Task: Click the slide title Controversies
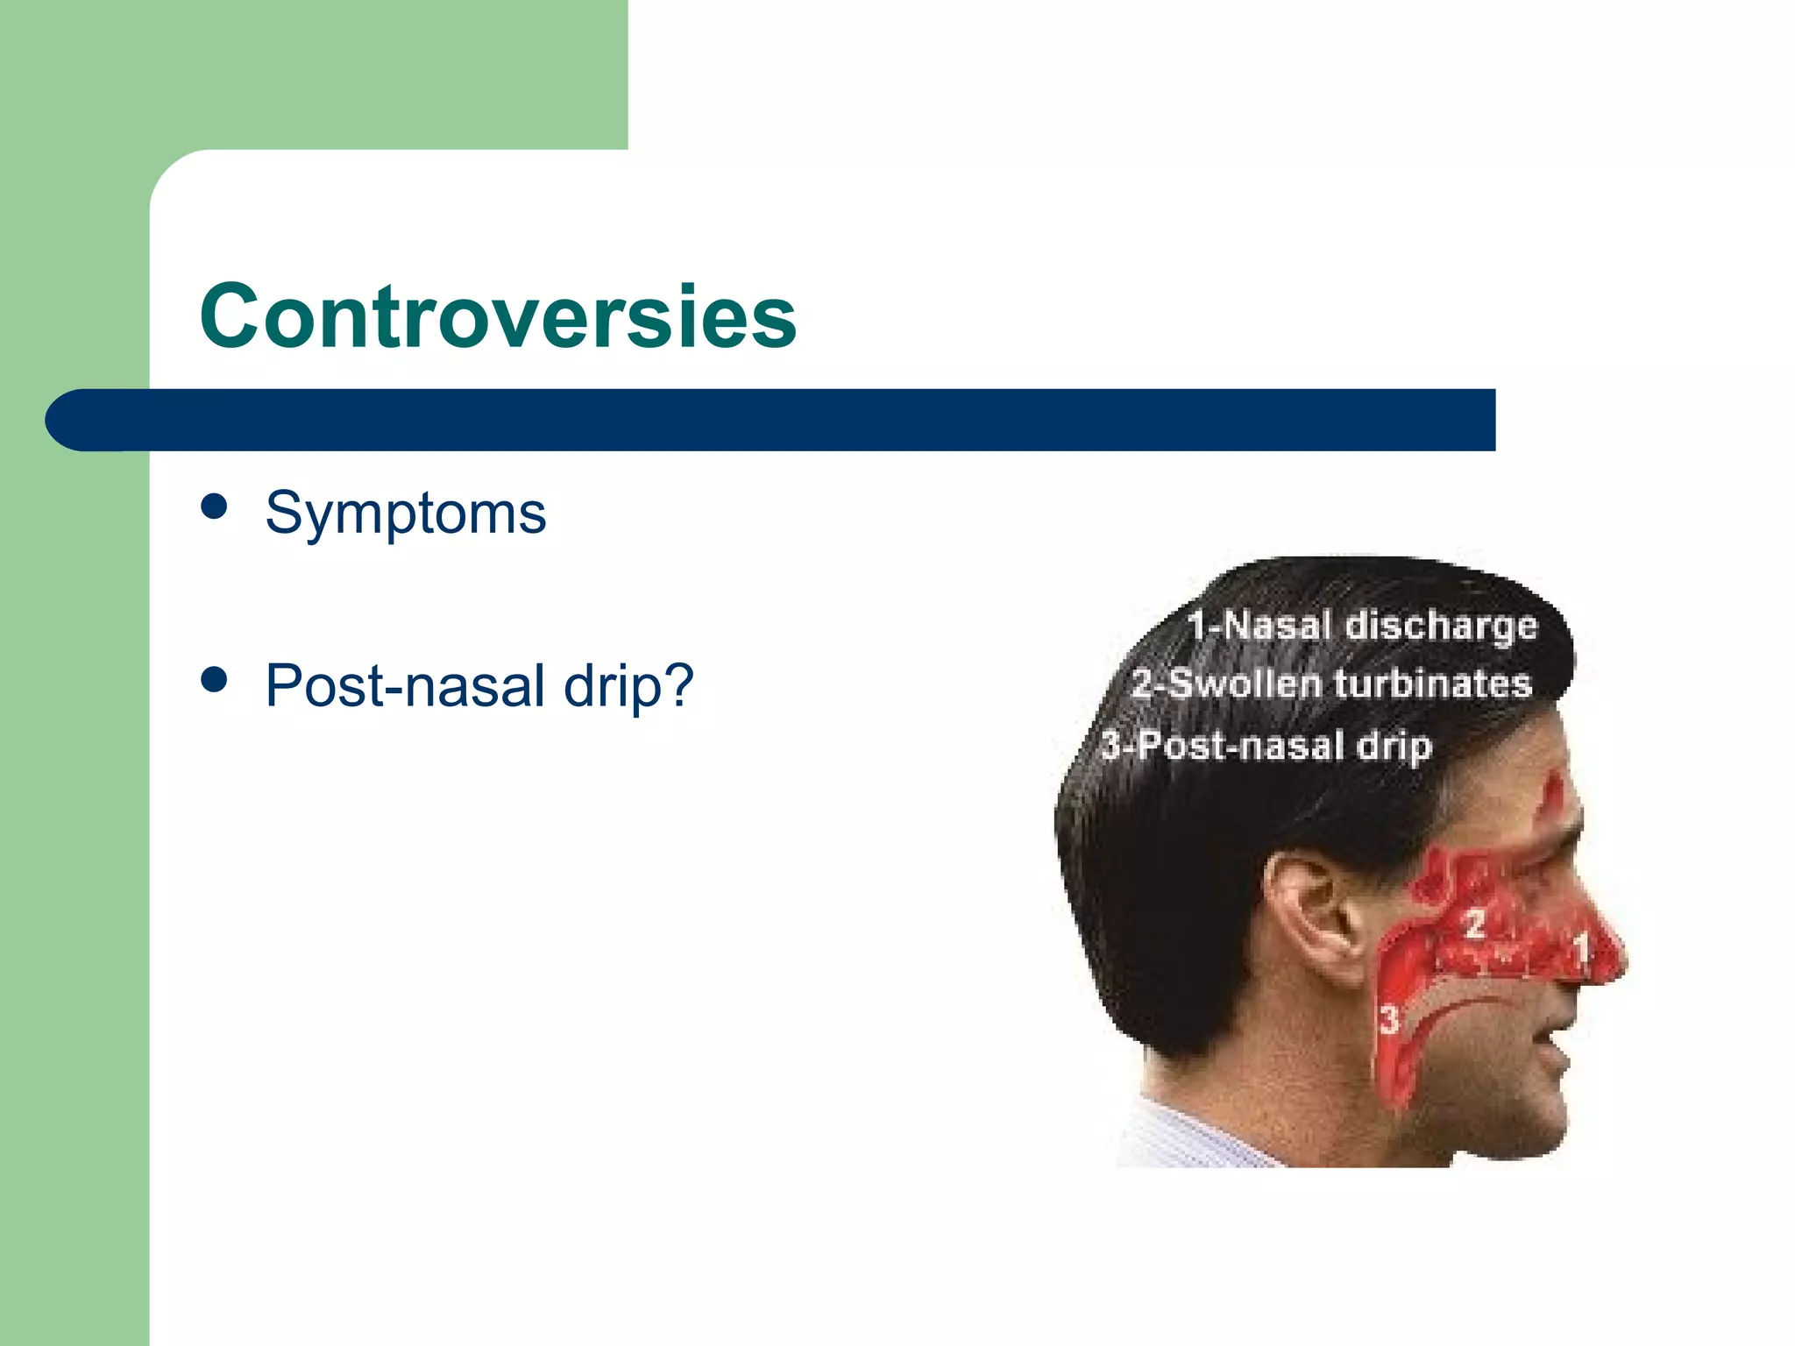tap(498, 316)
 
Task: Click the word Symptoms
tap(405, 513)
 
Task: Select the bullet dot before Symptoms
tap(214, 507)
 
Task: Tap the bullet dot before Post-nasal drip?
tap(214, 679)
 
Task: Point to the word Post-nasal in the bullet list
tap(406, 685)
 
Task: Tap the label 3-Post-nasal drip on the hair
tap(1266, 746)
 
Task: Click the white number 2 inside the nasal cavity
tap(1474, 924)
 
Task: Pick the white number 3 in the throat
tap(1389, 1020)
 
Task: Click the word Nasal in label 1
tap(1277, 627)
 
